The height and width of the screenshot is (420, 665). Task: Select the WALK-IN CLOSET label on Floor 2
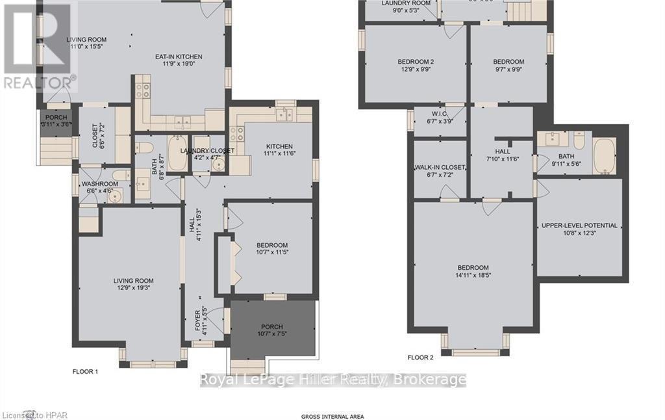(440, 168)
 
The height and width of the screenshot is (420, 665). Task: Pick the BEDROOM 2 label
(416, 62)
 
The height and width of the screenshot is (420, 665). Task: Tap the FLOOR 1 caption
(84, 372)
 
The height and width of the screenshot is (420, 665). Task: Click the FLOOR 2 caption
(420, 358)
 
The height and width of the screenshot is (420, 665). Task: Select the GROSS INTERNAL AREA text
(332, 416)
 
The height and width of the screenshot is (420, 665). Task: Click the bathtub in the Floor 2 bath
(605, 156)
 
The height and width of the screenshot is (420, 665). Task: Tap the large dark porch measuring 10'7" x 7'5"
(272, 330)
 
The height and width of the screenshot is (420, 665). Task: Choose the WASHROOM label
(100, 184)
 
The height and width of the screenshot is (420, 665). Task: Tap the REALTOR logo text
(38, 83)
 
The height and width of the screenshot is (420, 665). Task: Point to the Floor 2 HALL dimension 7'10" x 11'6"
(503, 159)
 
